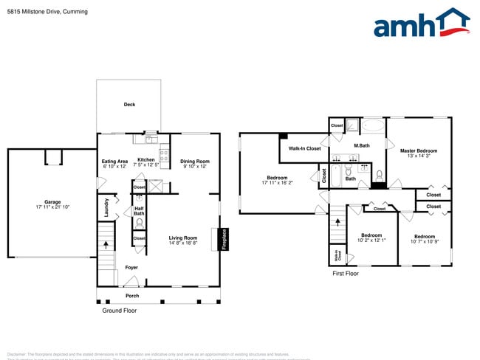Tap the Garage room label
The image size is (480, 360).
coord(52,201)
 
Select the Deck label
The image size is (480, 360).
coord(129,105)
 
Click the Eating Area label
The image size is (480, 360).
coord(114,160)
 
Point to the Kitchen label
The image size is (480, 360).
coord(146,160)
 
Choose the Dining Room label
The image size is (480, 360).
coord(195,162)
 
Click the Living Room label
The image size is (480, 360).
coord(182,238)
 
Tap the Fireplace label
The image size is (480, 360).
coord(224,240)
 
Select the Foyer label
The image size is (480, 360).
coord(131,267)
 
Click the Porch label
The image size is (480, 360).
coord(131,296)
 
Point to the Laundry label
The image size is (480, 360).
coord(106,207)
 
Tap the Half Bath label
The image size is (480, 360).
coord(139,211)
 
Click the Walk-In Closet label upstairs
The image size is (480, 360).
coord(304,149)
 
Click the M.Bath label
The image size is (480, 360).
coord(361,145)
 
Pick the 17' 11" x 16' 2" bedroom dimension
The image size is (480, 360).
coord(277,182)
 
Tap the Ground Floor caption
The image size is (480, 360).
coord(119,311)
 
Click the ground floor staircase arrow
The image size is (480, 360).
coord(106,243)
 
